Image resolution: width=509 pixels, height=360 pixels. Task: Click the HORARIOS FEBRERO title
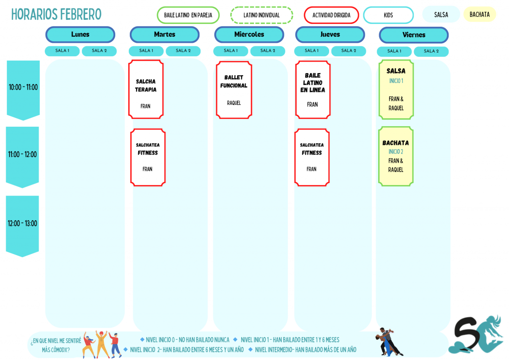(56, 14)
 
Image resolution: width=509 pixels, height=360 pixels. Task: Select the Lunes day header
(80, 35)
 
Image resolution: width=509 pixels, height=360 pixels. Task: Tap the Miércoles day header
(249, 35)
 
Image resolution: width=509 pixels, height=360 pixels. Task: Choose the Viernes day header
(414, 35)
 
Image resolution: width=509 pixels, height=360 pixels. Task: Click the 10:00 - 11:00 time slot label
(23, 88)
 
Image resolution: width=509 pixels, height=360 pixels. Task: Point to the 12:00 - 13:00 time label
(22, 224)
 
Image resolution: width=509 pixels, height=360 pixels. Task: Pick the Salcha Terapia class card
(146, 90)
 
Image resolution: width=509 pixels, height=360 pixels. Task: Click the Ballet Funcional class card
(234, 90)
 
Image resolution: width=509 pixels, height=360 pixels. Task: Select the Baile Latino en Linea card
(313, 90)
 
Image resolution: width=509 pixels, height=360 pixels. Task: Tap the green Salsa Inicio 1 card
(396, 90)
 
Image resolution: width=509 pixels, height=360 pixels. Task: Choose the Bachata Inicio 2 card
(396, 156)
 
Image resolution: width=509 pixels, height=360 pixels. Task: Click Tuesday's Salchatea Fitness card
(148, 157)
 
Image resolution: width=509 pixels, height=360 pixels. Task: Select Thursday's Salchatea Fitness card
(312, 157)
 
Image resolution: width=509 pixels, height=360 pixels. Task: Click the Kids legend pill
(388, 15)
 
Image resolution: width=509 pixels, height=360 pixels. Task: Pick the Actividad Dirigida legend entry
(331, 15)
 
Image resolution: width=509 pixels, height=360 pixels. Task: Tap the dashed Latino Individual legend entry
(261, 15)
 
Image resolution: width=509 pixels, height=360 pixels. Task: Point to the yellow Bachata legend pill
(480, 14)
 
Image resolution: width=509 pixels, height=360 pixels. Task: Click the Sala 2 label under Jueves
(348, 51)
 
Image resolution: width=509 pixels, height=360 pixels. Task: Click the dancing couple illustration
(389, 342)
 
